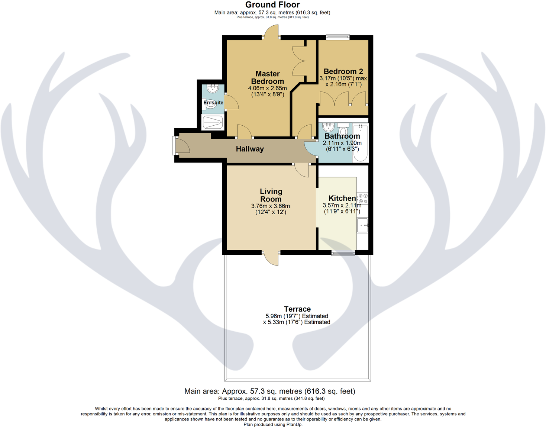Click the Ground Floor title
pos(272,5)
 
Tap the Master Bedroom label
pos(267,78)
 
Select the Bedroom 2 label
pos(343,71)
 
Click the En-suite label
pos(213,103)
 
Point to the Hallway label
pos(250,149)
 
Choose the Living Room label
pos(271,195)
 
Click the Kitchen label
pos(342,198)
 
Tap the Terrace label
pos(297,309)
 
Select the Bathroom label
pos(342,136)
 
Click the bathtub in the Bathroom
pos(360,143)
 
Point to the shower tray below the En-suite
pos(213,122)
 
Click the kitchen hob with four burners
pos(363,199)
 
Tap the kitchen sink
pos(362,225)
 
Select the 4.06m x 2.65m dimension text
pos(267,89)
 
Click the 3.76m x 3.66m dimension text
pos(271,206)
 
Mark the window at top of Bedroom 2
pos(338,37)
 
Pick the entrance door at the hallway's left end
pos(175,145)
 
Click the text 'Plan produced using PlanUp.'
pos(273,425)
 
